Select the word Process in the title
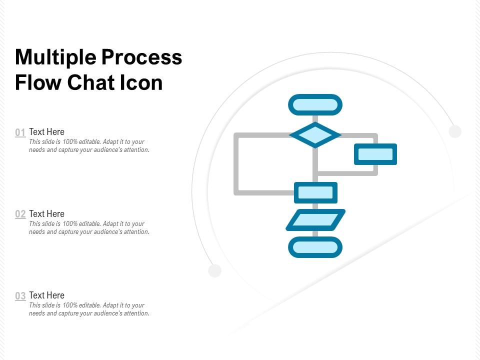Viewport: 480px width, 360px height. tap(141, 57)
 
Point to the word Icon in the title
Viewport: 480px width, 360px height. tap(141, 82)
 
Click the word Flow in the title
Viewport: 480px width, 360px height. tap(38, 82)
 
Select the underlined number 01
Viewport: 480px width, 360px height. tap(20, 133)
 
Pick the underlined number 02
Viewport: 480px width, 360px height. tap(20, 214)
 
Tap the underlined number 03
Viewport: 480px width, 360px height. tap(20, 296)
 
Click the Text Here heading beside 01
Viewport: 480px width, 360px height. tap(46, 131)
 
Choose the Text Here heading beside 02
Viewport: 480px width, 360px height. tap(46, 213)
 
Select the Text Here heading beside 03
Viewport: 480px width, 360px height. tap(46, 295)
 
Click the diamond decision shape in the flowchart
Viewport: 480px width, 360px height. tap(315, 135)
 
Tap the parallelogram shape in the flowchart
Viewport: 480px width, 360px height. tap(315, 220)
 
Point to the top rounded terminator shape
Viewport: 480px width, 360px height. tap(315, 104)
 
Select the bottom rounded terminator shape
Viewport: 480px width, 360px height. tap(315, 247)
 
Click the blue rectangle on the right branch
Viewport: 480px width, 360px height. tap(375, 154)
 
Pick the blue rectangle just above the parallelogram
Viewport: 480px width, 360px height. tap(315, 192)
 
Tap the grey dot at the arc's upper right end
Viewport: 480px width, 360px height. tap(455, 131)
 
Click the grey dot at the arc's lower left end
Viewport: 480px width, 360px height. tap(214, 270)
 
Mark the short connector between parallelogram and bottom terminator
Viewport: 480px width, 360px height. tap(315, 233)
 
